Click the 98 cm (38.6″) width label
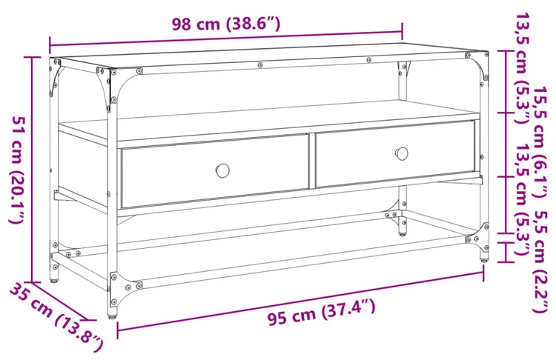[226, 24]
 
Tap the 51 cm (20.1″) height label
[17, 170]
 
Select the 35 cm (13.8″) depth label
[57, 316]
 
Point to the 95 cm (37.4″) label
[321, 312]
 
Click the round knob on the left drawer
[222, 170]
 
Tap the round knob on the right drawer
[401, 153]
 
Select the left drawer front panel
[215, 171]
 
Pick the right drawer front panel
[395, 154]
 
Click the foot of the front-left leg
[112, 314]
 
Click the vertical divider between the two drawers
[312, 161]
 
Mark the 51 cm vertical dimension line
[32, 170]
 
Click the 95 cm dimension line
[300, 301]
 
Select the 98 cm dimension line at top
[226, 39]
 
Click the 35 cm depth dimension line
[59, 301]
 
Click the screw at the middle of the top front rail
[260, 65]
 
